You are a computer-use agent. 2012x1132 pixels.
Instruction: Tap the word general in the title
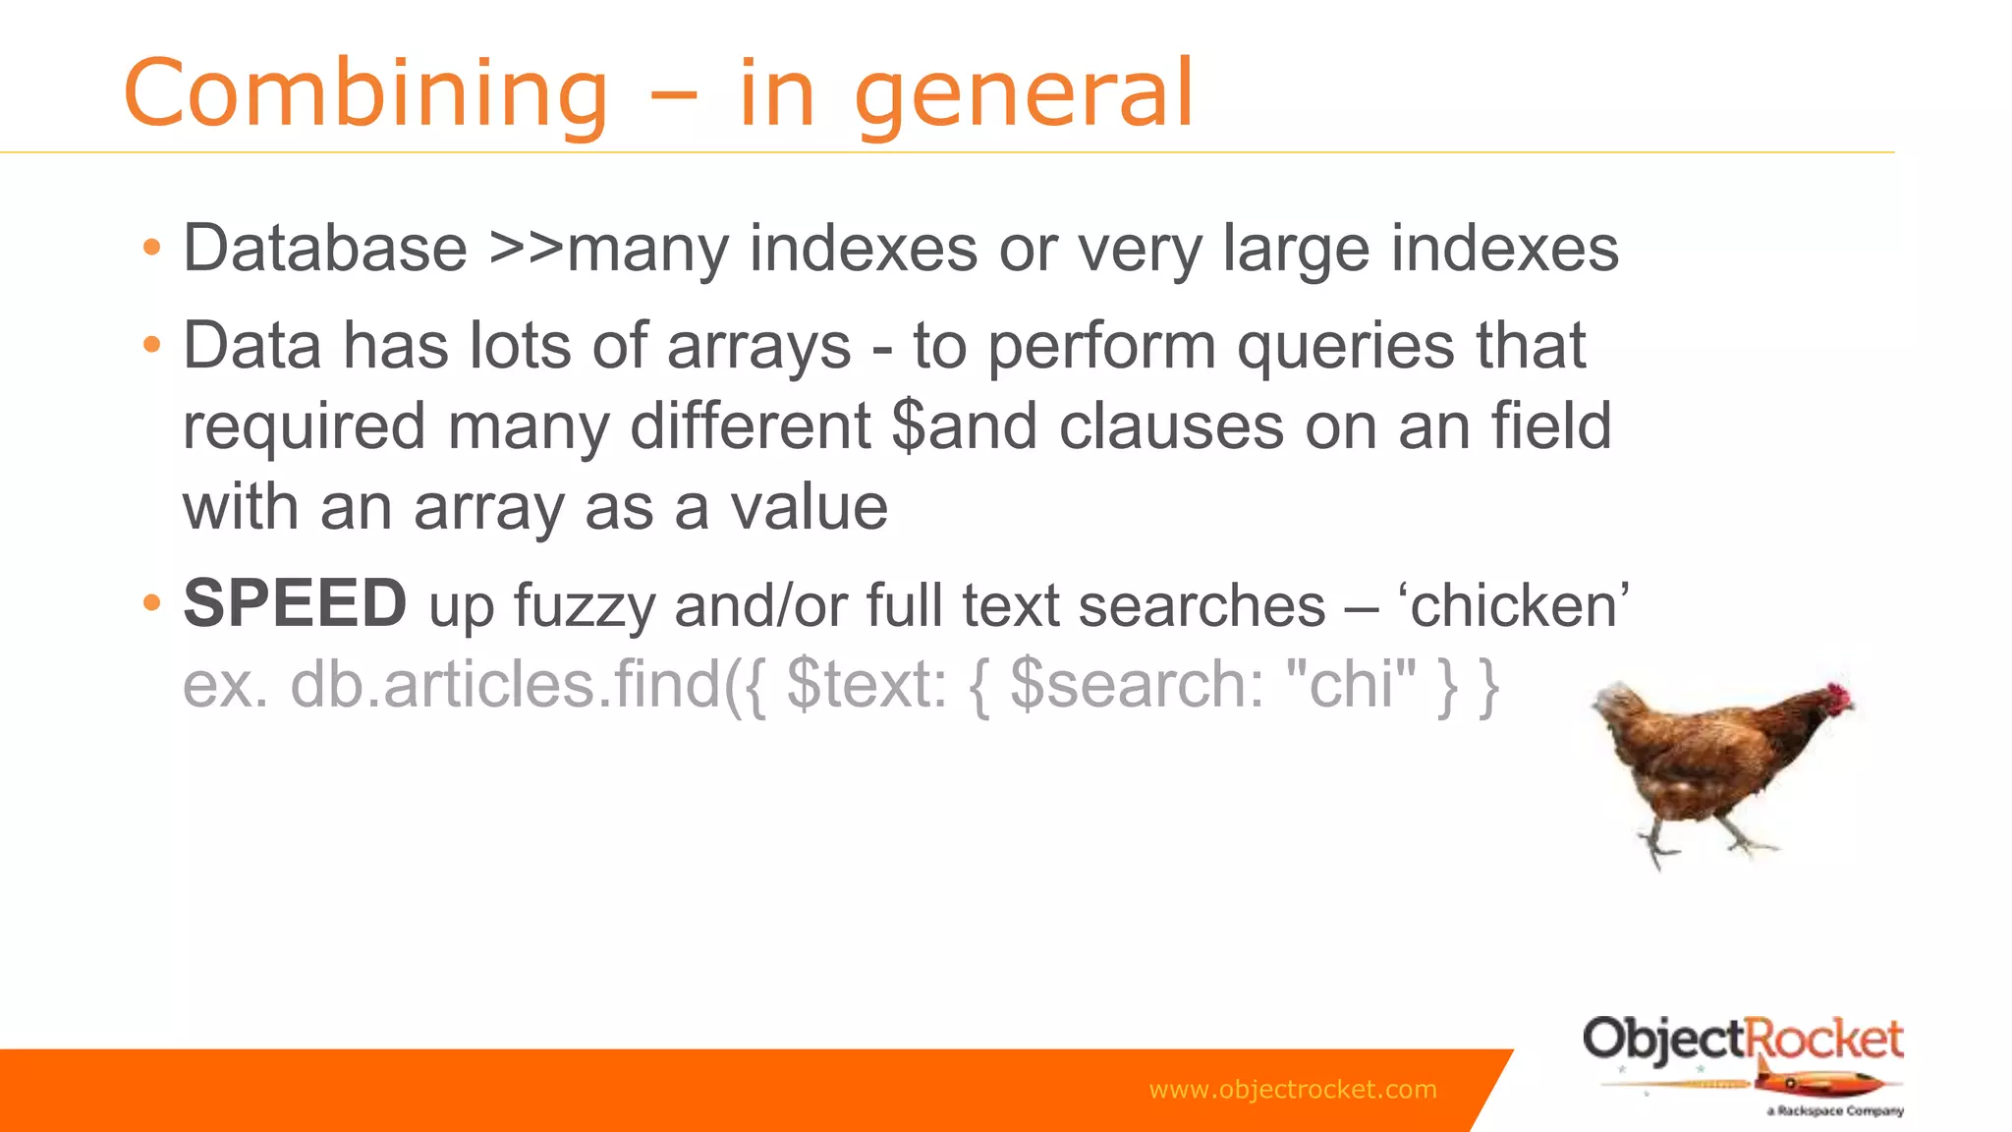[x=1025, y=95]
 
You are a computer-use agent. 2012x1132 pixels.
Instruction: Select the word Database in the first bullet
[x=325, y=248]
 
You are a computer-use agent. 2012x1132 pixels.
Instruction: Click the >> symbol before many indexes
[x=527, y=248]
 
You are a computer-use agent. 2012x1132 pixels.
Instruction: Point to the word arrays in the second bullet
[x=758, y=347]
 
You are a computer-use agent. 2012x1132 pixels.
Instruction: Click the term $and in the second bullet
[x=964, y=426]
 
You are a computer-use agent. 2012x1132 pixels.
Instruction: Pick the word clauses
[x=1170, y=426]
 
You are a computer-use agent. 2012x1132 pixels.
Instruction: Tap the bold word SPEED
[x=295, y=603]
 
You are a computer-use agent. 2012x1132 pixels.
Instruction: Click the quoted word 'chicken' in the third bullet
[x=1514, y=605]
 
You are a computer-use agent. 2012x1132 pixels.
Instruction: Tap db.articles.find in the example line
[x=506, y=684]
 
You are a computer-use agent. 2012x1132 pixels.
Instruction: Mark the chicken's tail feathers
[x=1615, y=706]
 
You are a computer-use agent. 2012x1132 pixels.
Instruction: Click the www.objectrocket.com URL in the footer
[x=1292, y=1090]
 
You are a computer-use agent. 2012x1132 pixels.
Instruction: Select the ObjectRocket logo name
[x=1742, y=1040]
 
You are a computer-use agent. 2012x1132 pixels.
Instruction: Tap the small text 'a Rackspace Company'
[x=1834, y=1111]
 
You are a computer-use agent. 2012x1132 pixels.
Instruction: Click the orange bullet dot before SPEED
[x=151, y=602]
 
